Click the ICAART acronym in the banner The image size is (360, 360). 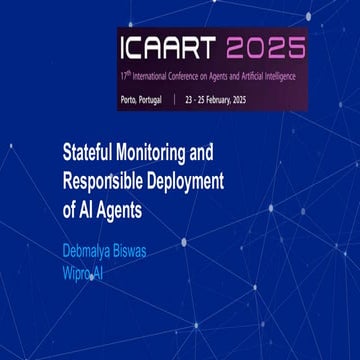point(170,48)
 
